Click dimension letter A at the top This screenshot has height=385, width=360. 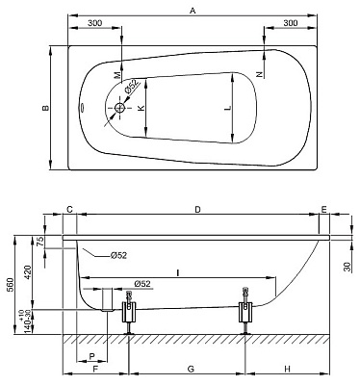(x=193, y=11)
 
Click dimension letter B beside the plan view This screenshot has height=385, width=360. (x=46, y=108)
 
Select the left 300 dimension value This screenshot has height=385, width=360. (x=95, y=23)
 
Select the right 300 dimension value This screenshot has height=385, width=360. (x=291, y=23)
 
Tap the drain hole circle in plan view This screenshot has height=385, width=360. (x=120, y=108)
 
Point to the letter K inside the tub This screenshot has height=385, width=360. (x=141, y=108)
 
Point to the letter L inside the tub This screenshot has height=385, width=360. (x=227, y=108)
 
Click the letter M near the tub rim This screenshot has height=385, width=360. (x=118, y=75)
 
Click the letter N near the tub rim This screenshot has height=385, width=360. (x=260, y=74)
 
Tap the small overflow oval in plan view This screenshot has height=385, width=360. (x=82, y=108)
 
